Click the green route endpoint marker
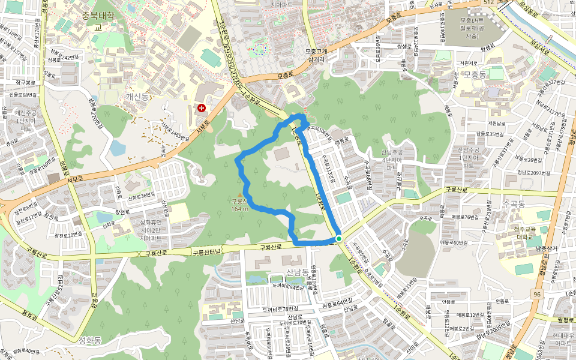pos(339,239)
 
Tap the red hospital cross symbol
pos(201,108)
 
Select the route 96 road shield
pos(537,294)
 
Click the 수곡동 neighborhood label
pos(514,204)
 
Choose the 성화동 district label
pos(90,340)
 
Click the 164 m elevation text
pos(239,208)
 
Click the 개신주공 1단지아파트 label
pos(26,120)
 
